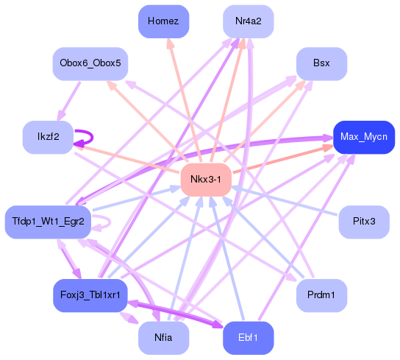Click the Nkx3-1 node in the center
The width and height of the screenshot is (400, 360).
207,180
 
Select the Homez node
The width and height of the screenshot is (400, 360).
163,21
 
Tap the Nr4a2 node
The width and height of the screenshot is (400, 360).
249,21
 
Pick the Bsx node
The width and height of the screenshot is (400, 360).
321,63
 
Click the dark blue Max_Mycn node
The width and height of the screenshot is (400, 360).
364,137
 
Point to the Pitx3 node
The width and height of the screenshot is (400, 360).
363,221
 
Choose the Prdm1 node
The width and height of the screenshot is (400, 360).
321,294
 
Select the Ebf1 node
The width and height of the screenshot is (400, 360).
249,337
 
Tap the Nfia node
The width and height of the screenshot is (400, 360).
163,337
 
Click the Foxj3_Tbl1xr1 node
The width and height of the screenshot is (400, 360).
90,294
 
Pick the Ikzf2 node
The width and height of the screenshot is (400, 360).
48,137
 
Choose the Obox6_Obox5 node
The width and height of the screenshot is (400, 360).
90,63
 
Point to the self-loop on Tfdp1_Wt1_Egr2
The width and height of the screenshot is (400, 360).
107,221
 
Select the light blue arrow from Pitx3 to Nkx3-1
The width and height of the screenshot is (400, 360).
287,201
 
